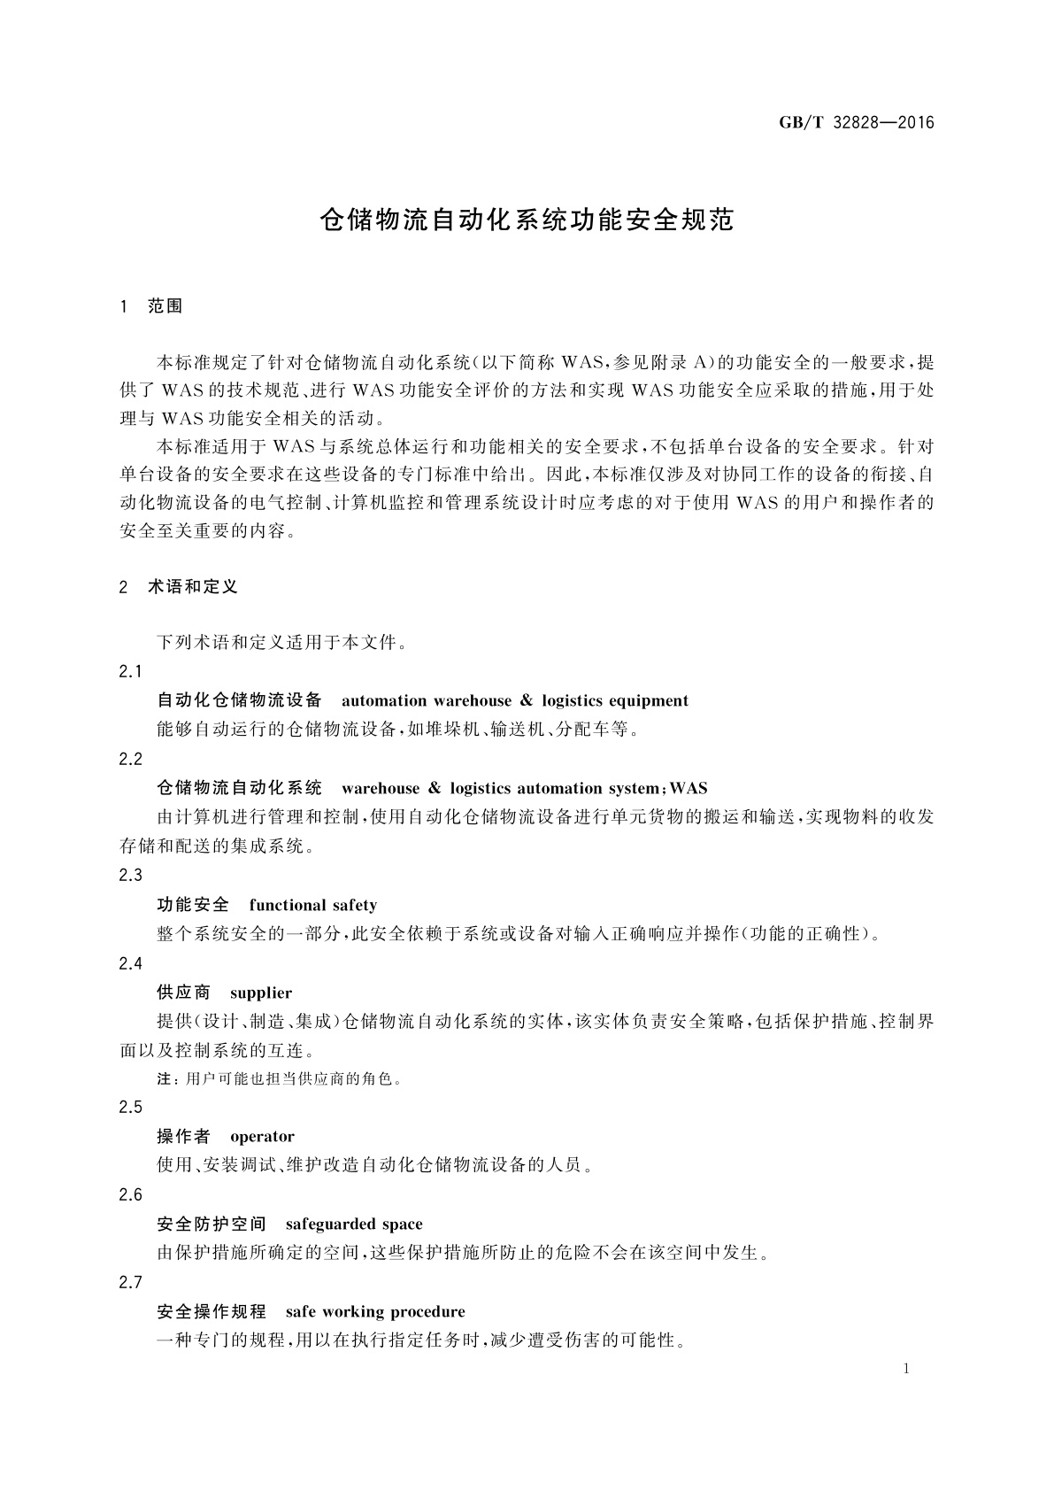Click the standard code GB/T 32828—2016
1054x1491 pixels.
(857, 123)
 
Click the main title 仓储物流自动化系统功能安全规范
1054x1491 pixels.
(527, 220)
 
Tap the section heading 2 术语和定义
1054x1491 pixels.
(178, 587)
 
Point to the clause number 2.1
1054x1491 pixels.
(130, 672)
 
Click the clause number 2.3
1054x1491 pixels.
(130, 876)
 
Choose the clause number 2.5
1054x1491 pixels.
(130, 1108)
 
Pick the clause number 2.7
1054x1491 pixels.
(130, 1283)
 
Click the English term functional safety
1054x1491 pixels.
(312, 905)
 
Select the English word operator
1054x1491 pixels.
(262, 1137)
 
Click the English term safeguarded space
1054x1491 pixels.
(354, 1224)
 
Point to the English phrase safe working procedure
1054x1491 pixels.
(375, 1312)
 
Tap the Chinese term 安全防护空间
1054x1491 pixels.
(211, 1224)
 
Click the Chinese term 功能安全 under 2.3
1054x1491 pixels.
(192, 905)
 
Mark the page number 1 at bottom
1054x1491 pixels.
(907, 1370)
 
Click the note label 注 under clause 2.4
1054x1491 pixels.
(162, 1079)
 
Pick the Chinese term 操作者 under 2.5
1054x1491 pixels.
(183, 1137)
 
